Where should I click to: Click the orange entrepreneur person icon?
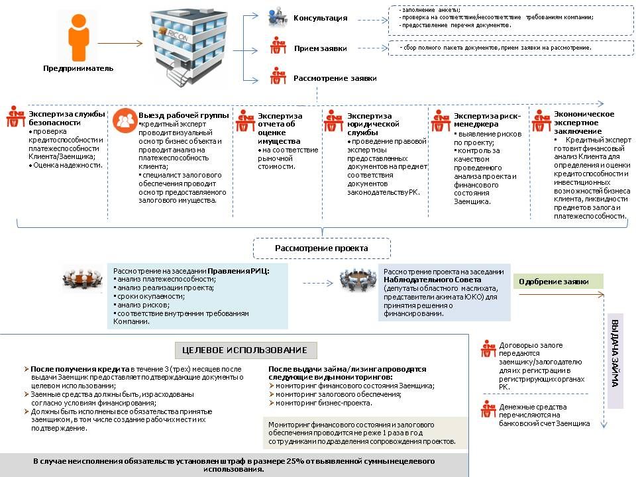[78, 38]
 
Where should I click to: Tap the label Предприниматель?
[78, 68]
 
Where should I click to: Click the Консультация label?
[320, 18]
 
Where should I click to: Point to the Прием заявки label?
[320, 48]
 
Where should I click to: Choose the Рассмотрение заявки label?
[335, 78]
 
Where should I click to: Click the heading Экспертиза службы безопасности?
[66, 119]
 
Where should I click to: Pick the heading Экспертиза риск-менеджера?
[487, 120]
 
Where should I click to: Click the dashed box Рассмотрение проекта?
[322, 248]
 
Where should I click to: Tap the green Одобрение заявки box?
[560, 282]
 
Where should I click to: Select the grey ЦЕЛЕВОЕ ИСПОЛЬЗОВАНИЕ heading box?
[246, 350]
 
